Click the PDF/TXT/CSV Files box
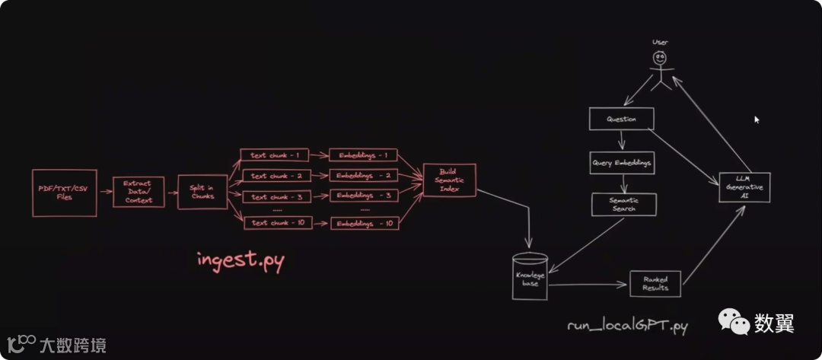pyautogui.click(x=65, y=193)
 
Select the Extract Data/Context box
pyautogui.click(x=139, y=192)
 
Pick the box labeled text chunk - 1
pyautogui.click(x=275, y=155)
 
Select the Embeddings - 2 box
pyautogui.click(x=364, y=176)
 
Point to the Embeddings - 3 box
pyautogui.click(x=364, y=196)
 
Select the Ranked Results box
pyautogui.click(x=655, y=283)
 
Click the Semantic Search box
pyautogui.click(x=623, y=204)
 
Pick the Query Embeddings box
pyautogui.click(x=621, y=163)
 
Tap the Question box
pyautogui.click(x=622, y=119)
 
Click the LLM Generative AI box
pyautogui.click(x=744, y=187)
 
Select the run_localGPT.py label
pyautogui.click(x=628, y=327)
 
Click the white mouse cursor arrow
pyautogui.click(x=756, y=119)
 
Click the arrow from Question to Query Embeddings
pyautogui.click(x=622, y=141)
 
